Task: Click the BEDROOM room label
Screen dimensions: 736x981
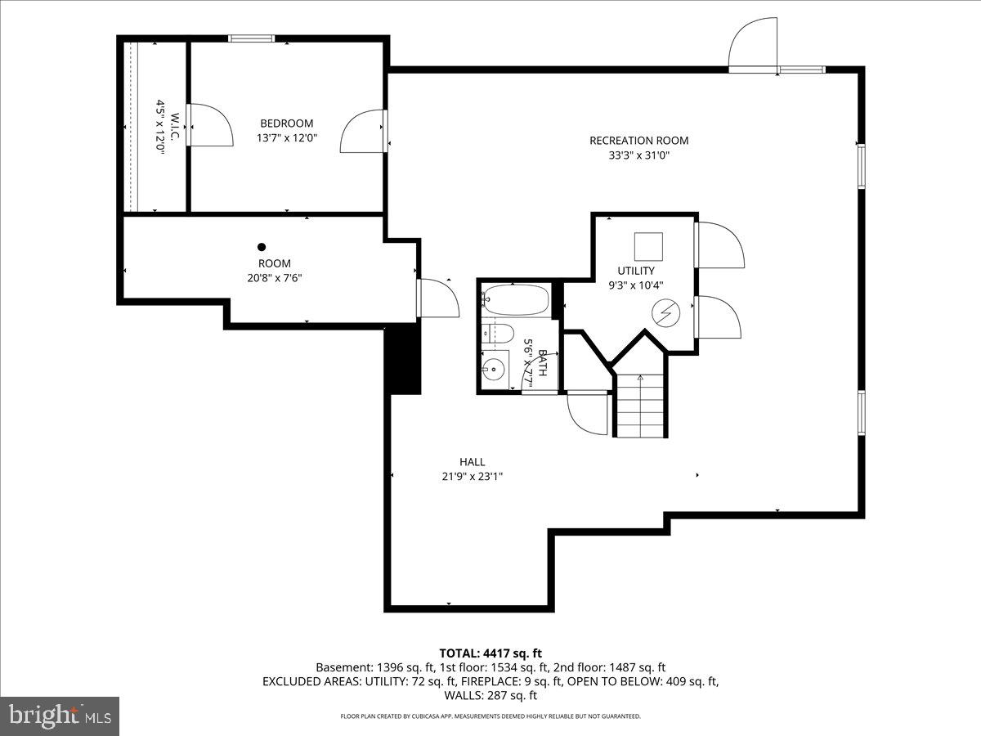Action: point(286,123)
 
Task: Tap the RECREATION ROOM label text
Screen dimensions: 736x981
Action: point(638,141)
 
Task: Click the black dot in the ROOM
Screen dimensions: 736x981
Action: point(262,247)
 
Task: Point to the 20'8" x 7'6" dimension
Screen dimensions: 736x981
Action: point(275,277)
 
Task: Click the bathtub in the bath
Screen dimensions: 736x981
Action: point(515,300)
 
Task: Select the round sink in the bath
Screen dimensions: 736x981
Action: point(493,369)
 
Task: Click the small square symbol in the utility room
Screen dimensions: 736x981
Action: point(648,246)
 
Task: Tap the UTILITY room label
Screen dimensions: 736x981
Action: point(636,271)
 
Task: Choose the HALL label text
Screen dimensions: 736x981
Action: point(472,462)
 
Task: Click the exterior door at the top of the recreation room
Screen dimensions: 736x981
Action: point(754,47)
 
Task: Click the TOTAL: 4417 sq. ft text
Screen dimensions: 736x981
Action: point(490,653)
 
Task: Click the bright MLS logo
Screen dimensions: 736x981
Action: point(60,716)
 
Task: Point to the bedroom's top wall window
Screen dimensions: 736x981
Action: point(251,38)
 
